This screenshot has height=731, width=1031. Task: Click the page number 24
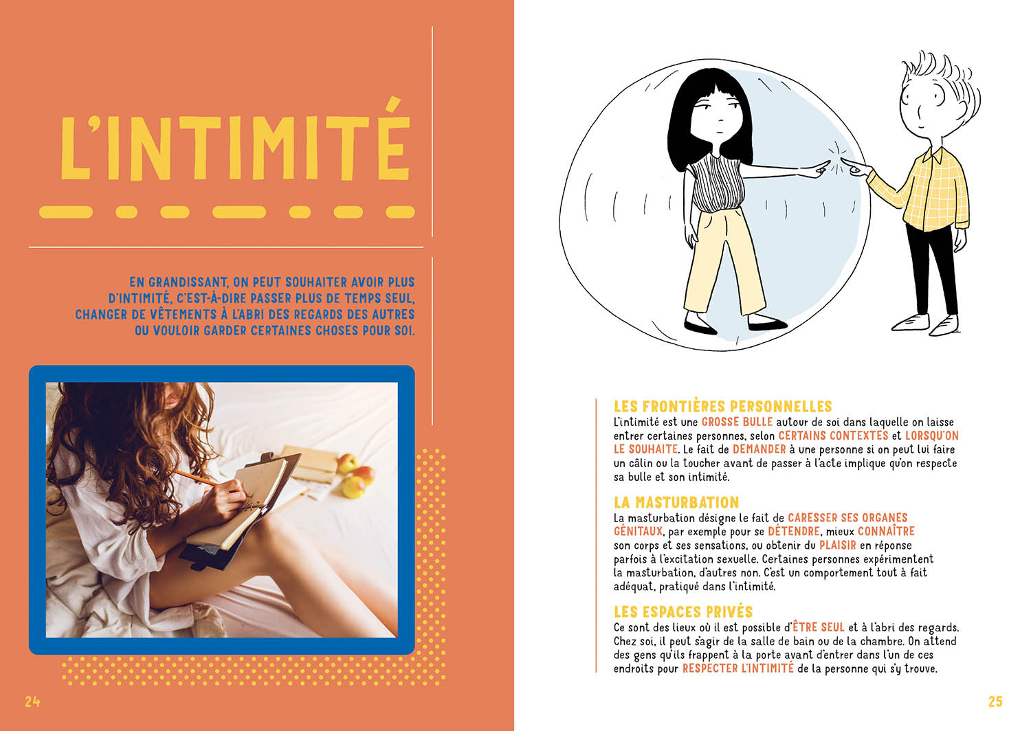point(32,701)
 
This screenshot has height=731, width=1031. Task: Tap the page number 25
point(995,701)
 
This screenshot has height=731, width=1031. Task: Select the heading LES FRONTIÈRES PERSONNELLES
point(722,407)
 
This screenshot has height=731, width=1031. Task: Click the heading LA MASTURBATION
point(676,502)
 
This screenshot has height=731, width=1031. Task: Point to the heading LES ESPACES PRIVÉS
point(683,611)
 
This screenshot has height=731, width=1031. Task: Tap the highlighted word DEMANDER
point(759,449)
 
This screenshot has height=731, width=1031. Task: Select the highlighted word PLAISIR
point(837,545)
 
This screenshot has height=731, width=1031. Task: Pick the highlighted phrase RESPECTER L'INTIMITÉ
point(738,668)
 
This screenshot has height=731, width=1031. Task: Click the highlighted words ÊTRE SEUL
point(818,627)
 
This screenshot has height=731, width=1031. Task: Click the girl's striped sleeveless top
point(717,185)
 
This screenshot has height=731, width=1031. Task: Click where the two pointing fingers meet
point(838,164)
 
